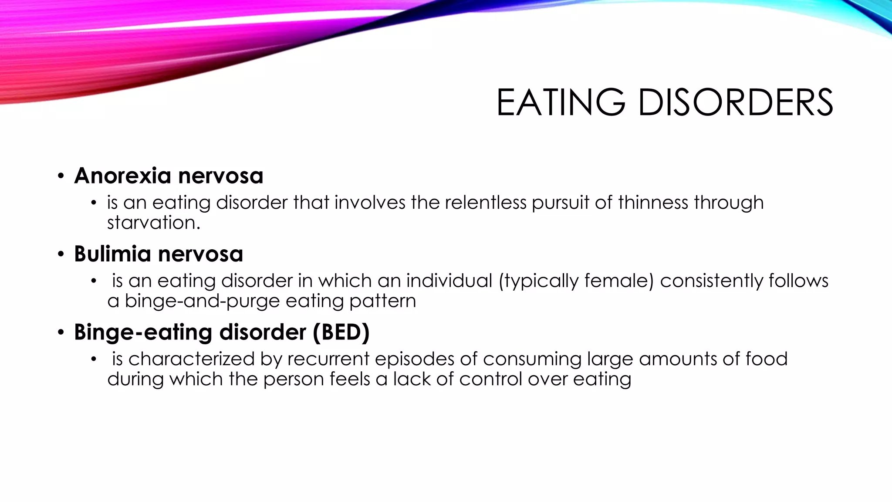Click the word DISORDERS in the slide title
point(736,102)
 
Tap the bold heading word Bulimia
point(112,254)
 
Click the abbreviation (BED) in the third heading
point(341,332)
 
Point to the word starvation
point(153,223)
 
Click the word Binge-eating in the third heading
point(143,332)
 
